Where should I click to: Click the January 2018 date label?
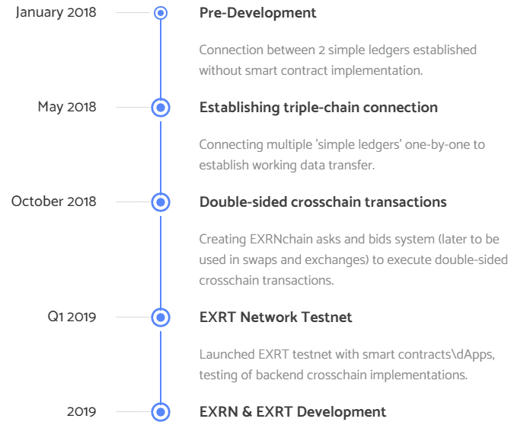(x=56, y=13)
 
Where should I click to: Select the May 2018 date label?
(x=67, y=108)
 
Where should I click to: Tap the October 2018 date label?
(x=54, y=201)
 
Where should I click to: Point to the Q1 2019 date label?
(x=72, y=317)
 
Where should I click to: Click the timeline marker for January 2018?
(x=161, y=13)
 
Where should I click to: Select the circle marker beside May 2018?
(x=161, y=108)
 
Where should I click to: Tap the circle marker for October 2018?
(x=161, y=202)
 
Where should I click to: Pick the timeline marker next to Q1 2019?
(x=161, y=317)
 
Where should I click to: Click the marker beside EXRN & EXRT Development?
(x=161, y=412)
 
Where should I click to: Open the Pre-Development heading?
(x=257, y=13)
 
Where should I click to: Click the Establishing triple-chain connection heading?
(x=318, y=108)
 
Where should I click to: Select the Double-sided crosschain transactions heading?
(x=323, y=202)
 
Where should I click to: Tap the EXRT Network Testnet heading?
(x=276, y=317)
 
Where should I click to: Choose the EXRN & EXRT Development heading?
(x=292, y=412)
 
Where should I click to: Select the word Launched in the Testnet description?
(x=227, y=354)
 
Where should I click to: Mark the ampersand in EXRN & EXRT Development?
(x=247, y=412)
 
